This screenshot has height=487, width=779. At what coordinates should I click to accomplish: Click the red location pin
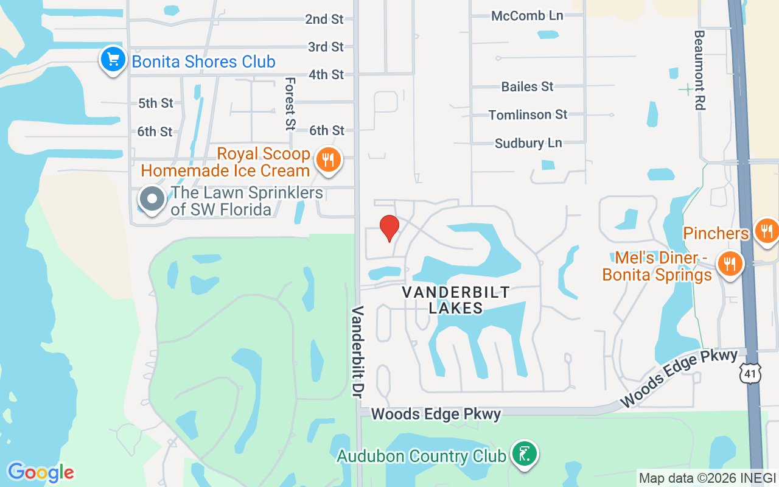(389, 228)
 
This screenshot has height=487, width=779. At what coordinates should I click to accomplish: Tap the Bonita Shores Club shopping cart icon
(113, 60)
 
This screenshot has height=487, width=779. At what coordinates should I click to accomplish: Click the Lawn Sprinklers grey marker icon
(152, 199)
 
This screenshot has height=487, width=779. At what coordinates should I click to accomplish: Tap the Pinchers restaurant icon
(766, 231)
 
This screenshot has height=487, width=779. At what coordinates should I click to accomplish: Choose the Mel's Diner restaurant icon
(728, 264)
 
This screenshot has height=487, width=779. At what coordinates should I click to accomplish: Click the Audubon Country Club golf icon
(523, 454)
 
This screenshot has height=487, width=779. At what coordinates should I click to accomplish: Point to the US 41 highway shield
(750, 373)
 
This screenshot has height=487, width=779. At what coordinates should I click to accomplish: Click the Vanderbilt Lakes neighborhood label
(456, 300)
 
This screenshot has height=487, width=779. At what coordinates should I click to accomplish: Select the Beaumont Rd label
(699, 70)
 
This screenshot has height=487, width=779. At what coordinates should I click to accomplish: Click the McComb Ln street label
(527, 16)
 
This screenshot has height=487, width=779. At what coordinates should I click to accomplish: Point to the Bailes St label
(527, 86)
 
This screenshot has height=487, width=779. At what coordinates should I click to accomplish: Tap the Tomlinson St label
(528, 114)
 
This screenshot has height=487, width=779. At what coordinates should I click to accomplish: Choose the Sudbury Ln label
(528, 143)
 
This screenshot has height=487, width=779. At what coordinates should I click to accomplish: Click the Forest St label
(290, 103)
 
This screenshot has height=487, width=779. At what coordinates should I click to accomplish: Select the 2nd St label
(324, 19)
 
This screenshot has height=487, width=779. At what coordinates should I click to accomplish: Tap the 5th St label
(155, 103)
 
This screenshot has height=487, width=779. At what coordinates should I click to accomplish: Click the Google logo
(41, 472)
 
